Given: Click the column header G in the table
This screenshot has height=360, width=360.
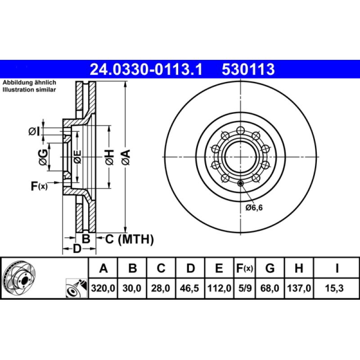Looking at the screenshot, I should tap(270, 269).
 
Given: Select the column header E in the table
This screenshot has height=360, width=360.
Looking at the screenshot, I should tap(219, 269).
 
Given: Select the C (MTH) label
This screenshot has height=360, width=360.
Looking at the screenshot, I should tap(129, 239).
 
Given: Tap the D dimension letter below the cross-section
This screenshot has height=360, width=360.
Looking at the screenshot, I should tap(77, 248).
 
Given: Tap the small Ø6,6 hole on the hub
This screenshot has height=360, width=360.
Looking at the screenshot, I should tap(240, 183).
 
